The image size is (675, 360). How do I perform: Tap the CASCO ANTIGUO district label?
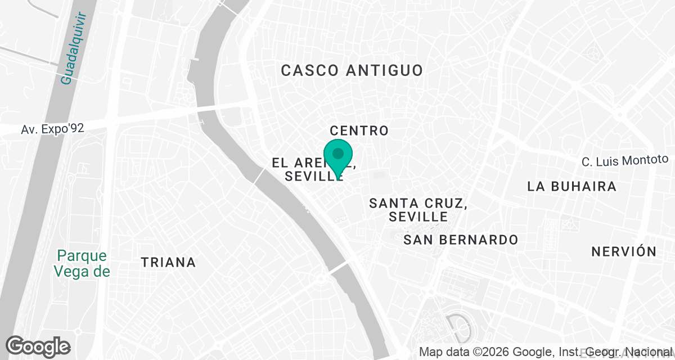(x=352, y=70)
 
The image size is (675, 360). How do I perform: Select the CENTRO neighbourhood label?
(x=359, y=131)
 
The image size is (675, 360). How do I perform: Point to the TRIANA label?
(x=168, y=262)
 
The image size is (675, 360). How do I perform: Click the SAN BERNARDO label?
(x=461, y=240)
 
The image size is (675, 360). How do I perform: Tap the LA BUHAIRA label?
(x=572, y=187)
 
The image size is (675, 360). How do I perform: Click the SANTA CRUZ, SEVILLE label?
(x=418, y=209)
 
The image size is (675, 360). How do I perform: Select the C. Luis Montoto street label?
(x=624, y=161)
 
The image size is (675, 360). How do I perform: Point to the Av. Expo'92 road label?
(x=52, y=129)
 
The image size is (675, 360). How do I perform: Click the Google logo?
(x=38, y=346)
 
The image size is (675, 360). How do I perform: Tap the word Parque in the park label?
(x=81, y=256)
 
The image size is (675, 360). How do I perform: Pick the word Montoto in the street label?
(x=646, y=160)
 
